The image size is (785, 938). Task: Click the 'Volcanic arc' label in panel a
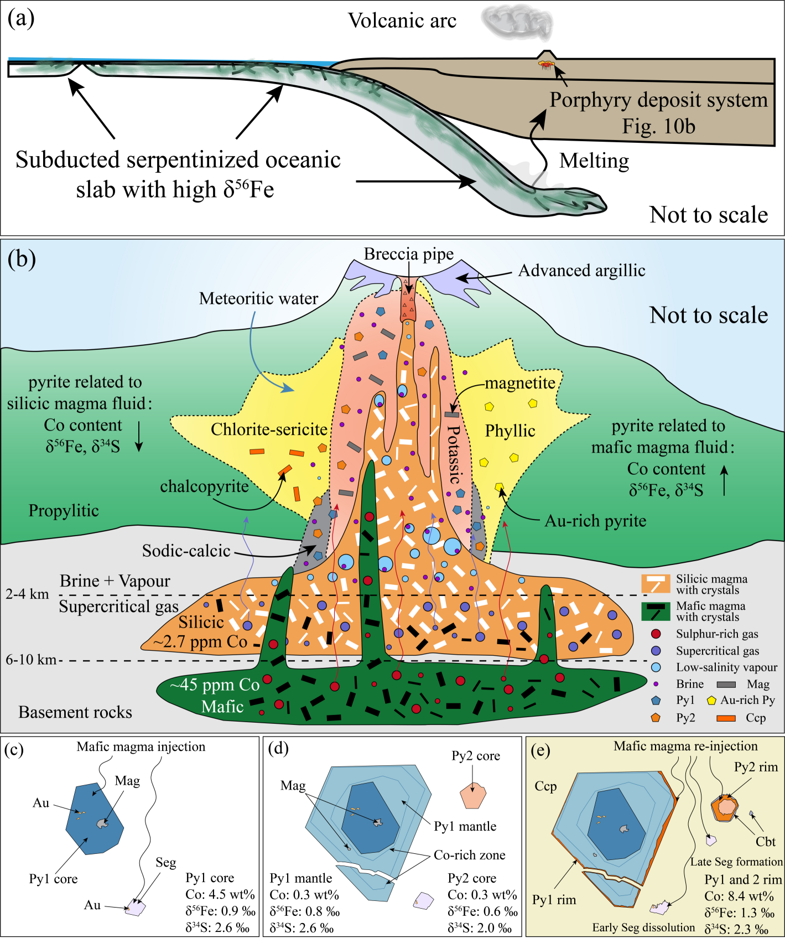(x=402, y=21)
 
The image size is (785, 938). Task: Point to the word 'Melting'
(x=594, y=161)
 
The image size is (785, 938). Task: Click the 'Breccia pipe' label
(x=408, y=254)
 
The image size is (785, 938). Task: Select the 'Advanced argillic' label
(x=581, y=271)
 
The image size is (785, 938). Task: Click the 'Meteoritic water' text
(x=258, y=299)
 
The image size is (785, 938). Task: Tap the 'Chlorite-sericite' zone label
(x=269, y=429)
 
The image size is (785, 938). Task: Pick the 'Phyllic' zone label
(x=510, y=431)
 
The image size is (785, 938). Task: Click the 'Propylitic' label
(x=64, y=511)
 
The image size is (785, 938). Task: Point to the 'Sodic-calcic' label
(x=186, y=551)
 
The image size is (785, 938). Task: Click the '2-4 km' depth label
(x=27, y=594)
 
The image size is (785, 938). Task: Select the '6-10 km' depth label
(x=31, y=660)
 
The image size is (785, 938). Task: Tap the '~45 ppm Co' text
(x=214, y=685)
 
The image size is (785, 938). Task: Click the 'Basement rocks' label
(x=75, y=712)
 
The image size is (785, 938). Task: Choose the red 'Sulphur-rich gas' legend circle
(x=656, y=634)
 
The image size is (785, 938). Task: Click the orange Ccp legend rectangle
(x=726, y=718)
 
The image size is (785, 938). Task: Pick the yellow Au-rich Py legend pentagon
(x=711, y=701)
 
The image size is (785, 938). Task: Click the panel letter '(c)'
(x=14, y=750)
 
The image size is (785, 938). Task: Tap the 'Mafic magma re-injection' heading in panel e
(x=685, y=746)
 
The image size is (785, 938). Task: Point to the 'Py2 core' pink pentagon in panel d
(x=472, y=796)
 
